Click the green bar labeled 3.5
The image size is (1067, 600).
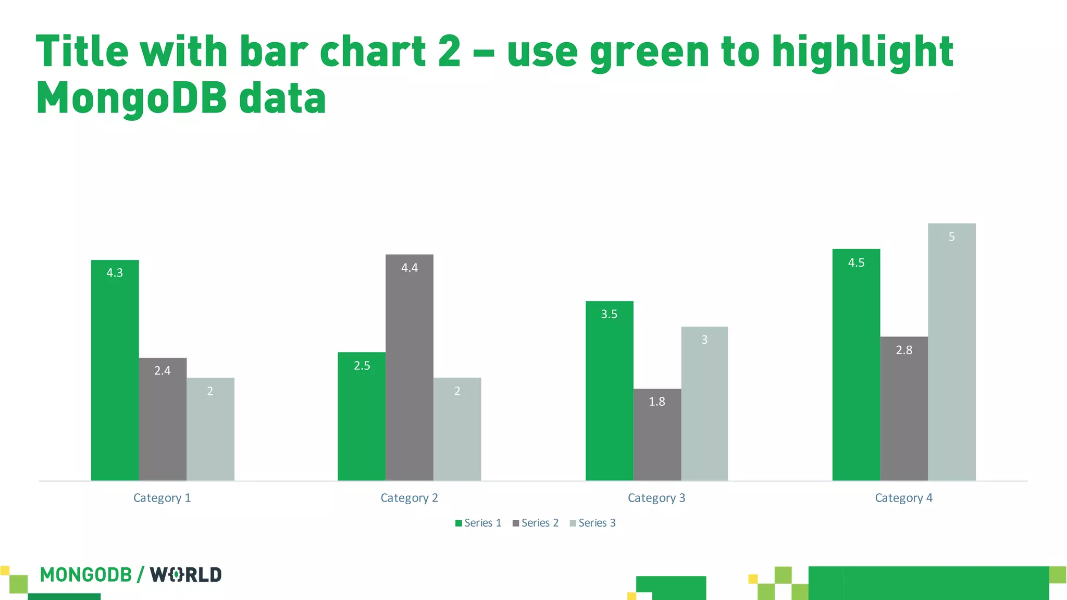pyautogui.click(x=609, y=391)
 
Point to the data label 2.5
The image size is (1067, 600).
pyautogui.click(x=362, y=366)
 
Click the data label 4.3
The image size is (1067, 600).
pyautogui.click(x=115, y=273)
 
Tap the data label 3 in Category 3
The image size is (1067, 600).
pyautogui.click(x=704, y=340)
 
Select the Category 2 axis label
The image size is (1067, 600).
pyautogui.click(x=409, y=498)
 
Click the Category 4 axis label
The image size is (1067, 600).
pyautogui.click(x=903, y=498)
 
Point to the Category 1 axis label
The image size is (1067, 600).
pyautogui.click(x=162, y=498)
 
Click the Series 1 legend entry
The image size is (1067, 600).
pyautogui.click(x=478, y=523)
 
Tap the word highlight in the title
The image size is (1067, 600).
pyautogui.click(x=862, y=52)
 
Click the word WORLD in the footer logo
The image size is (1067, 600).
pyautogui.click(x=186, y=575)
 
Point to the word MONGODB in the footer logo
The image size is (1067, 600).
pyautogui.click(x=86, y=575)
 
